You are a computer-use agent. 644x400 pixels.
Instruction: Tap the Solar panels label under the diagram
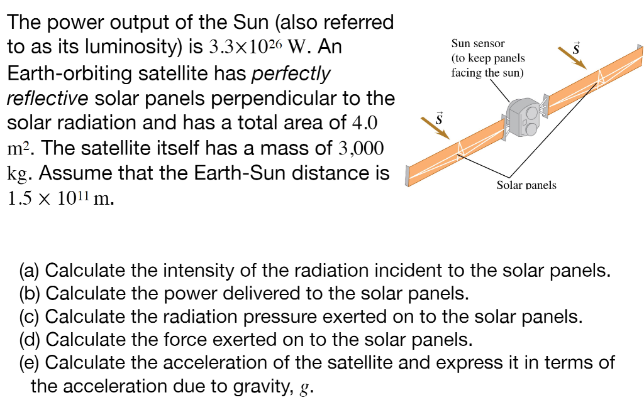526,185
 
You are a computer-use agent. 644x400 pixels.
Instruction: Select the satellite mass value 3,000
360,148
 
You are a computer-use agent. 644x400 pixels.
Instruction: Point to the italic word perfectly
291,73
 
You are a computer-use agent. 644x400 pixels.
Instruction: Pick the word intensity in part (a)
199,272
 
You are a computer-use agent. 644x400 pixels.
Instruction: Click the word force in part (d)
203,340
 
